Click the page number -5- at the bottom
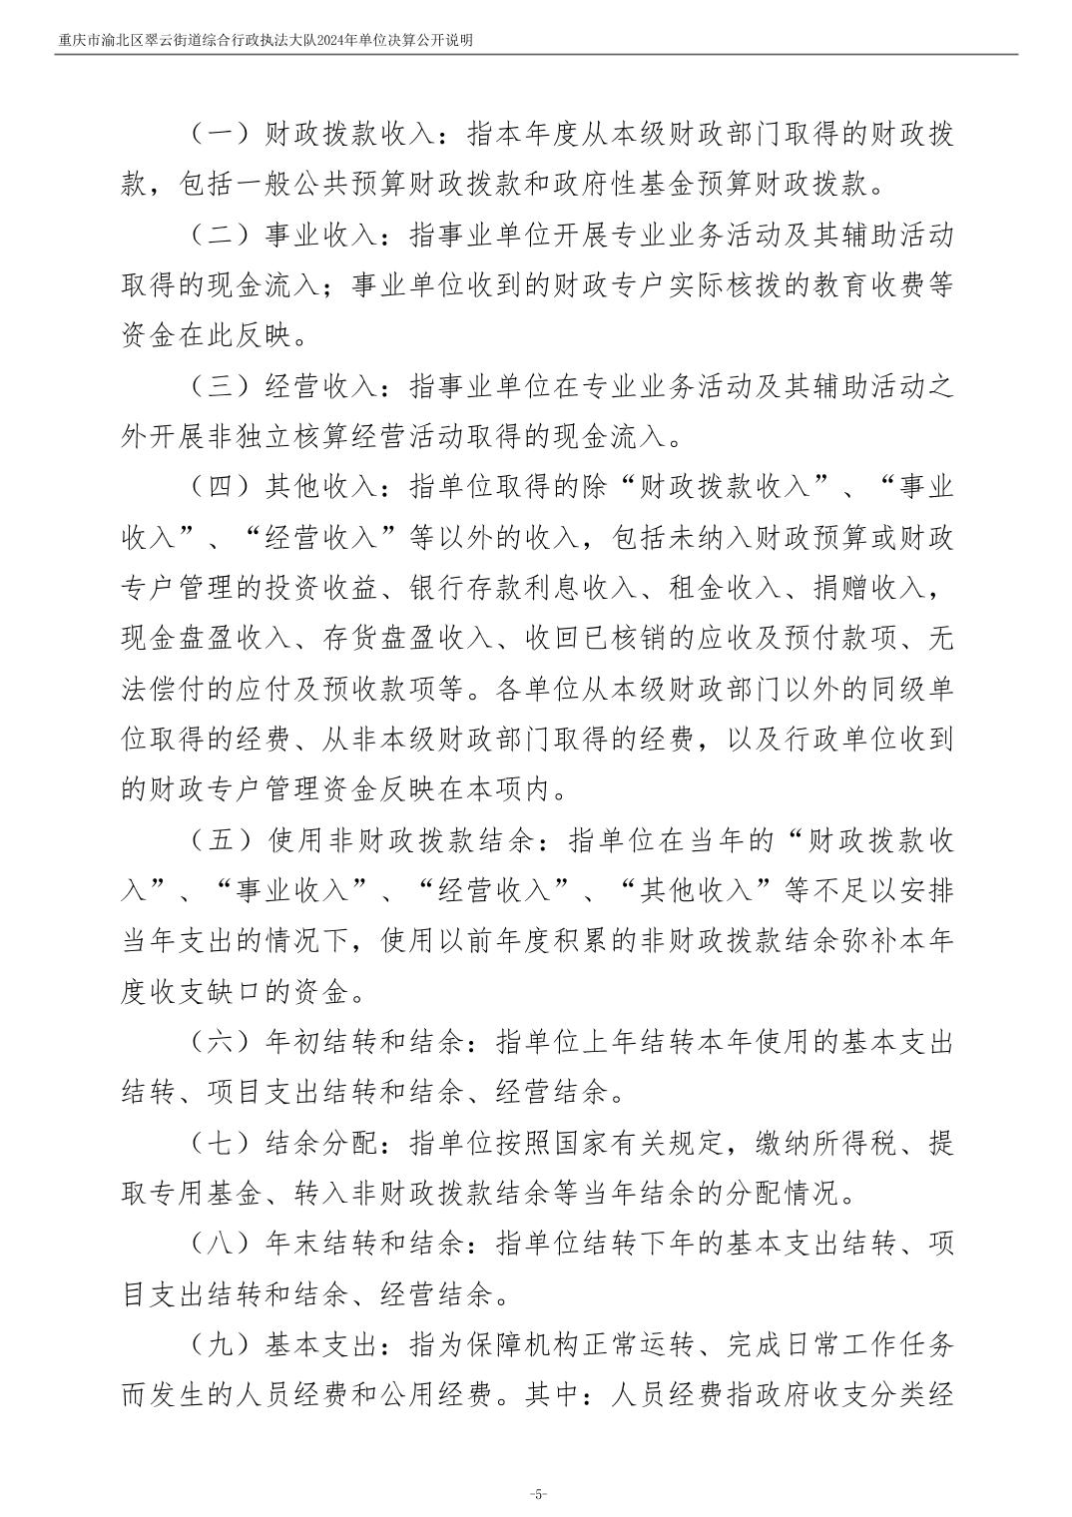[x=537, y=1494]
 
